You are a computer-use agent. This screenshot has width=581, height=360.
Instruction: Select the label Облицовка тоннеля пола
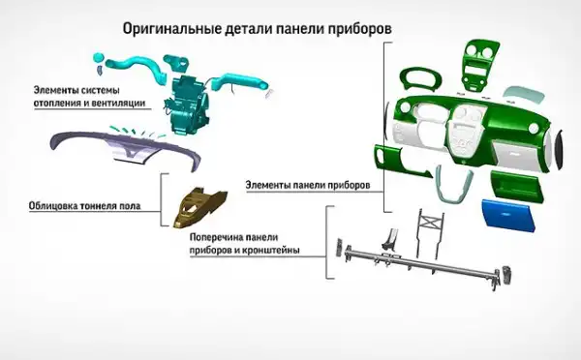click(84, 205)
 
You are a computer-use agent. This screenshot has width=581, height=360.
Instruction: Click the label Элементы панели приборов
click(308, 185)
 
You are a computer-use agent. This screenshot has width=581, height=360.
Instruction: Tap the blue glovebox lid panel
click(510, 216)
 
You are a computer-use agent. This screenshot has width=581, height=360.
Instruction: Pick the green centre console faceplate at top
click(479, 66)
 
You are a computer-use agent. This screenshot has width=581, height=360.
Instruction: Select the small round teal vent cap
click(98, 57)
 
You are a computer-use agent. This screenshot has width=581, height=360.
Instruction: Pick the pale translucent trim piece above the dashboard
click(524, 94)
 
